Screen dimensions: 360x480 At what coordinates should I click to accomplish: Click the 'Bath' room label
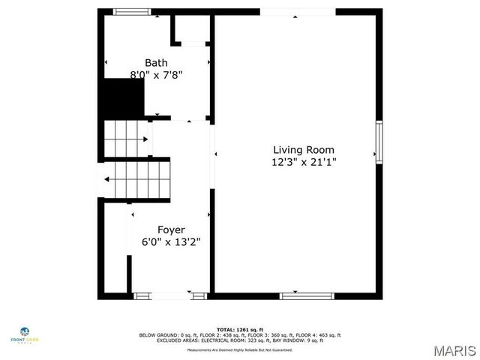pos(156,63)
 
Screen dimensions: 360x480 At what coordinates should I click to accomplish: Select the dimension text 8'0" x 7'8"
pos(156,75)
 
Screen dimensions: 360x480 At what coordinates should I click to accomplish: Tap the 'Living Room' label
pos(303,150)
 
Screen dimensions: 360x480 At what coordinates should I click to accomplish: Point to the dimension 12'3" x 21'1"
pos(303,162)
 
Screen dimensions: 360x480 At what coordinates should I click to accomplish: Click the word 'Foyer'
pos(171,229)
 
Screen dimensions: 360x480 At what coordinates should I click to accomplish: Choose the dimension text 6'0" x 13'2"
pos(171,242)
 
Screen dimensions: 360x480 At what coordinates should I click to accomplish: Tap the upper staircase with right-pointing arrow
pos(124,139)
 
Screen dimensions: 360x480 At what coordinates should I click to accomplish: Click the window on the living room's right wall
pos(379,142)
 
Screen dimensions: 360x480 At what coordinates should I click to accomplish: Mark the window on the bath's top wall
pos(131,11)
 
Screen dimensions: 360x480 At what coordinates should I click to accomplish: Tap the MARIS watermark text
pos(454,350)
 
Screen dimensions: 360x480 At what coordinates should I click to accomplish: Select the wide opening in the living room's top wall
pos(297,12)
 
